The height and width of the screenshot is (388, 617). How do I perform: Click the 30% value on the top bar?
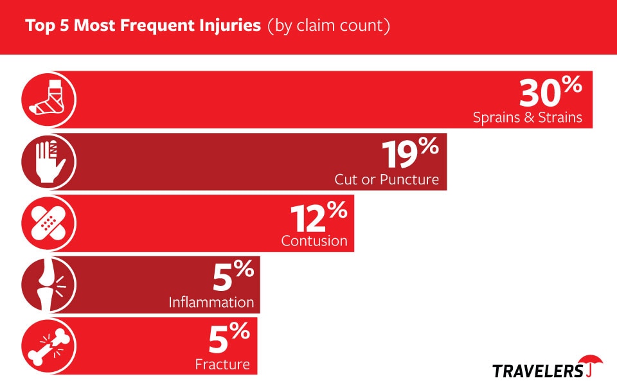click(551, 92)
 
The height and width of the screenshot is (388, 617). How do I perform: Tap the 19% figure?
click(410, 154)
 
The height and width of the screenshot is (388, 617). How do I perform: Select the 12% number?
click(319, 216)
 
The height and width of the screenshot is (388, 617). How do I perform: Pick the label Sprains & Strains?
click(527, 118)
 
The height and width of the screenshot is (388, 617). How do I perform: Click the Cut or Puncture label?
click(387, 179)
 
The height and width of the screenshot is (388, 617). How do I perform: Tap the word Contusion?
click(314, 241)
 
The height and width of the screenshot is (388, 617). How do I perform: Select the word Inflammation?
click(211, 303)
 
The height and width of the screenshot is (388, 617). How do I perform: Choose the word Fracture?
click(223, 364)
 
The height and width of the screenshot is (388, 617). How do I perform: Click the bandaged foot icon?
click(48, 100)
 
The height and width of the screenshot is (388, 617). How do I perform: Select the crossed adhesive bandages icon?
click(48, 224)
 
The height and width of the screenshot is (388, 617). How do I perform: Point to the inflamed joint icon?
click(48, 285)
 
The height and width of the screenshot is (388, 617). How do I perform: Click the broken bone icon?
click(48, 347)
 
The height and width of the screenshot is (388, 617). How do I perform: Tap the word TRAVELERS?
click(538, 371)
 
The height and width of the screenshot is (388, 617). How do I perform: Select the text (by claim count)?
click(329, 26)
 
